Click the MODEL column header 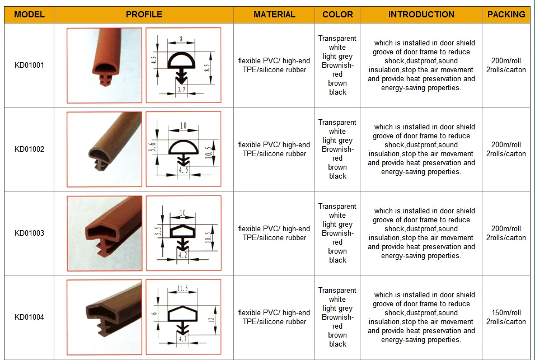click(29, 15)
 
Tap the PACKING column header click(506, 15)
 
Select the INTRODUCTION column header click(421, 15)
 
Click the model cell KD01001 click(29, 65)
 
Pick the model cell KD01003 click(29, 233)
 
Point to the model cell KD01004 click(29, 317)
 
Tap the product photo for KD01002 click(105, 149)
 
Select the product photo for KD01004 click(105, 317)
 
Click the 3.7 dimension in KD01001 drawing click(181, 90)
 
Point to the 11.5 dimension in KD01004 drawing click(182, 289)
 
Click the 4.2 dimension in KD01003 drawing click(183, 255)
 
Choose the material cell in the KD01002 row click(274, 149)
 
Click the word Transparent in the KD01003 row click(337, 207)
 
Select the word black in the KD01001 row click(337, 92)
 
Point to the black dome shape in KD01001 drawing click(181, 60)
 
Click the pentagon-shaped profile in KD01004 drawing click(183, 314)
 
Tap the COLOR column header click(337, 15)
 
